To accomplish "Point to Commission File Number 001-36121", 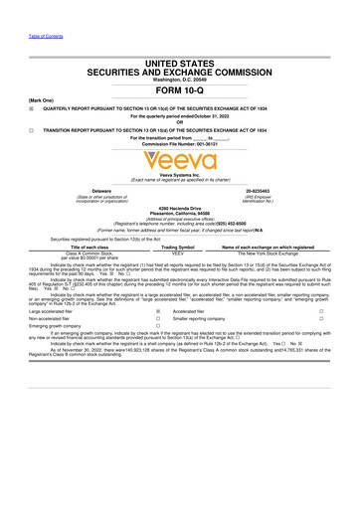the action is [180, 147].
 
